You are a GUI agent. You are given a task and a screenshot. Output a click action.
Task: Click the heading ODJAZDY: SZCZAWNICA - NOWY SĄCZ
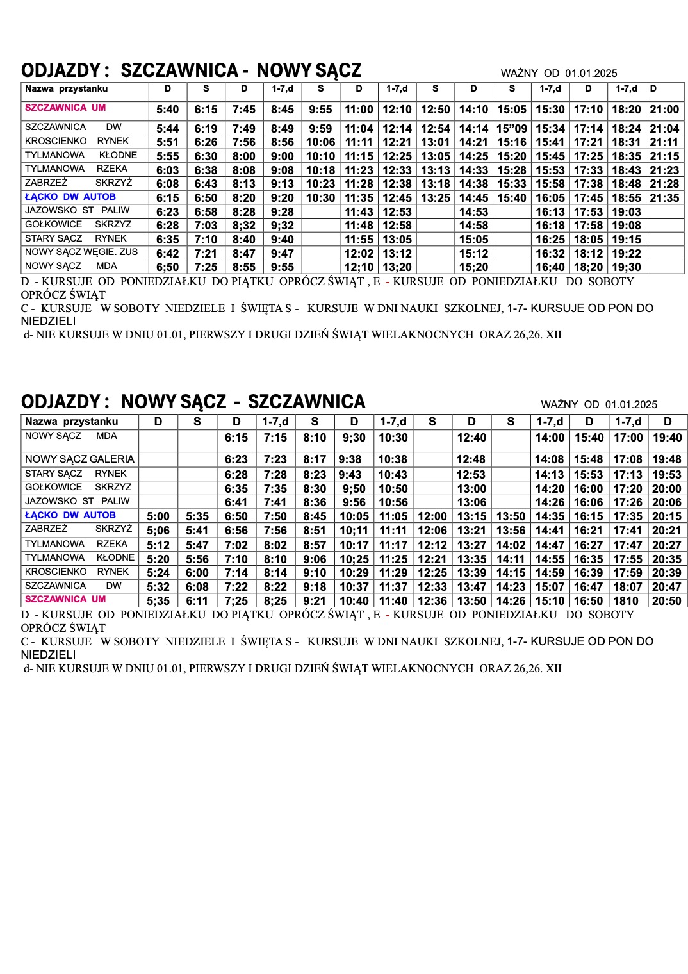(x=191, y=70)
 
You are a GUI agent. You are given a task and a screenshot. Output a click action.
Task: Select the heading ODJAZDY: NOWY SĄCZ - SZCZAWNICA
(x=193, y=402)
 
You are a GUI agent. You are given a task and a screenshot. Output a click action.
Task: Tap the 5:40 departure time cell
(x=167, y=110)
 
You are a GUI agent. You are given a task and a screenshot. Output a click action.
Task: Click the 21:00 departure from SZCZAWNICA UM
(x=664, y=110)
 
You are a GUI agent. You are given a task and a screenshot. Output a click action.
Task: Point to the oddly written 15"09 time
(x=512, y=129)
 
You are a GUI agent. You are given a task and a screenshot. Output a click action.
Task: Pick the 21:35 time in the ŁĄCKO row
(x=664, y=198)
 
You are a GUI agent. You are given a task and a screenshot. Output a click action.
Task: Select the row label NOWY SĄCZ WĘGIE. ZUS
(x=81, y=252)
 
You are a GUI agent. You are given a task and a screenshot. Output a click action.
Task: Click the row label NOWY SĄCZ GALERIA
(x=79, y=459)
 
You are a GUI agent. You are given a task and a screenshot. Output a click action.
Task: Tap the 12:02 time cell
(x=359, y=254)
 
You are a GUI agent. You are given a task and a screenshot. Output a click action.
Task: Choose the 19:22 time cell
(x=626, y=254)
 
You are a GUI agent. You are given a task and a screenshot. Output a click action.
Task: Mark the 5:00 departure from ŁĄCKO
(x=158, y=516)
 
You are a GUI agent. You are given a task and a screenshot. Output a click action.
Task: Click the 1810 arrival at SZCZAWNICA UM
(x=626, y=601)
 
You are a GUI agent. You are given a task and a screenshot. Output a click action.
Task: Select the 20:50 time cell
(x=666, y=601)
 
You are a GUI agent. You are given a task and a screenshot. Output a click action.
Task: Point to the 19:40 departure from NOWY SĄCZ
(x=666, y=438)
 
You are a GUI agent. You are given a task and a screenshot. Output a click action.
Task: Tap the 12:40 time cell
(x=471, y=438)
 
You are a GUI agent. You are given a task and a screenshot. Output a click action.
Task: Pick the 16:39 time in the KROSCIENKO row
(x=588, y=573)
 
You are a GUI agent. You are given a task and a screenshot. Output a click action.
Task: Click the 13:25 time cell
(x=436, y=198)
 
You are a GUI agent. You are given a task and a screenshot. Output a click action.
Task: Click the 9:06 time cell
(x=315, y=559)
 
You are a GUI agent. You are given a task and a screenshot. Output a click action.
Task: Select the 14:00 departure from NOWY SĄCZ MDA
(x=550, y=438)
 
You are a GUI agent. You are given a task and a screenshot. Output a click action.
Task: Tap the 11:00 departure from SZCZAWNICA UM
(x=359, y=110)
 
